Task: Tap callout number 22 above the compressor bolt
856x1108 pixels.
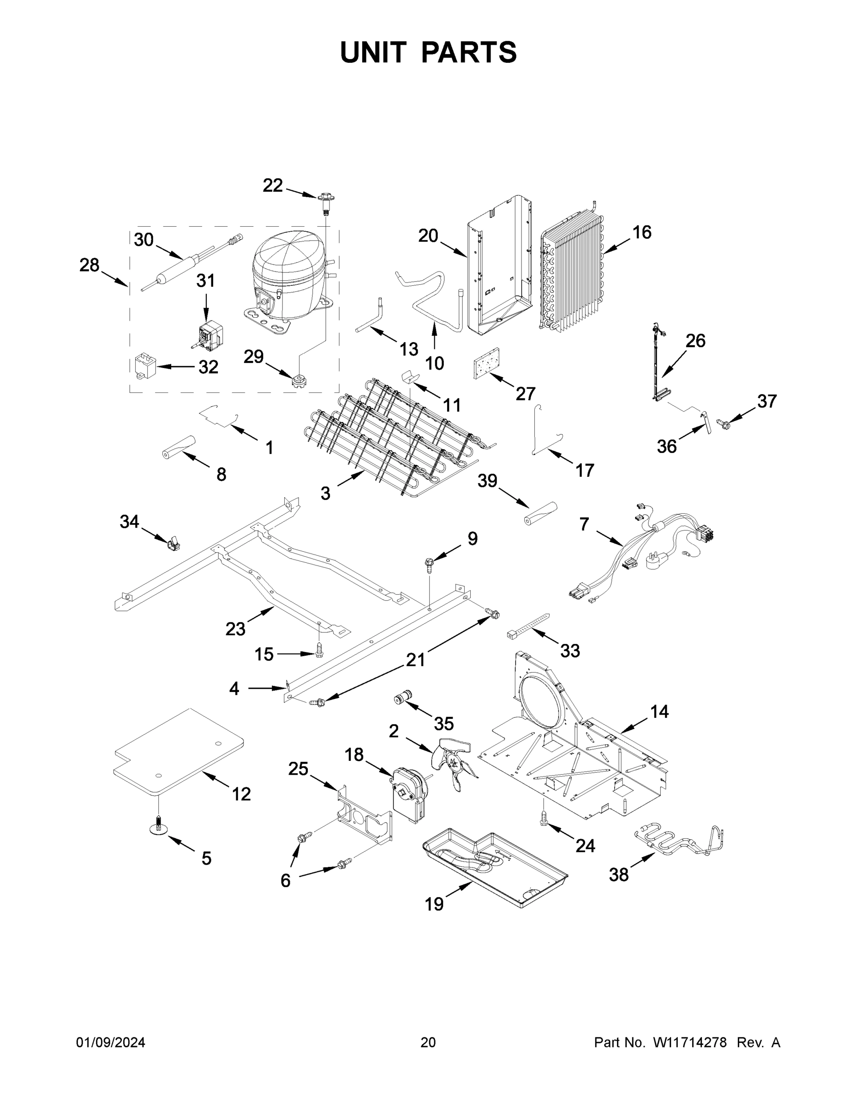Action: (x=272, y=186)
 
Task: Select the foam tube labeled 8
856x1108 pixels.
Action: (x=179, y=447)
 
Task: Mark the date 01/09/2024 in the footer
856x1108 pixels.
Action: (x=111, y=1042)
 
